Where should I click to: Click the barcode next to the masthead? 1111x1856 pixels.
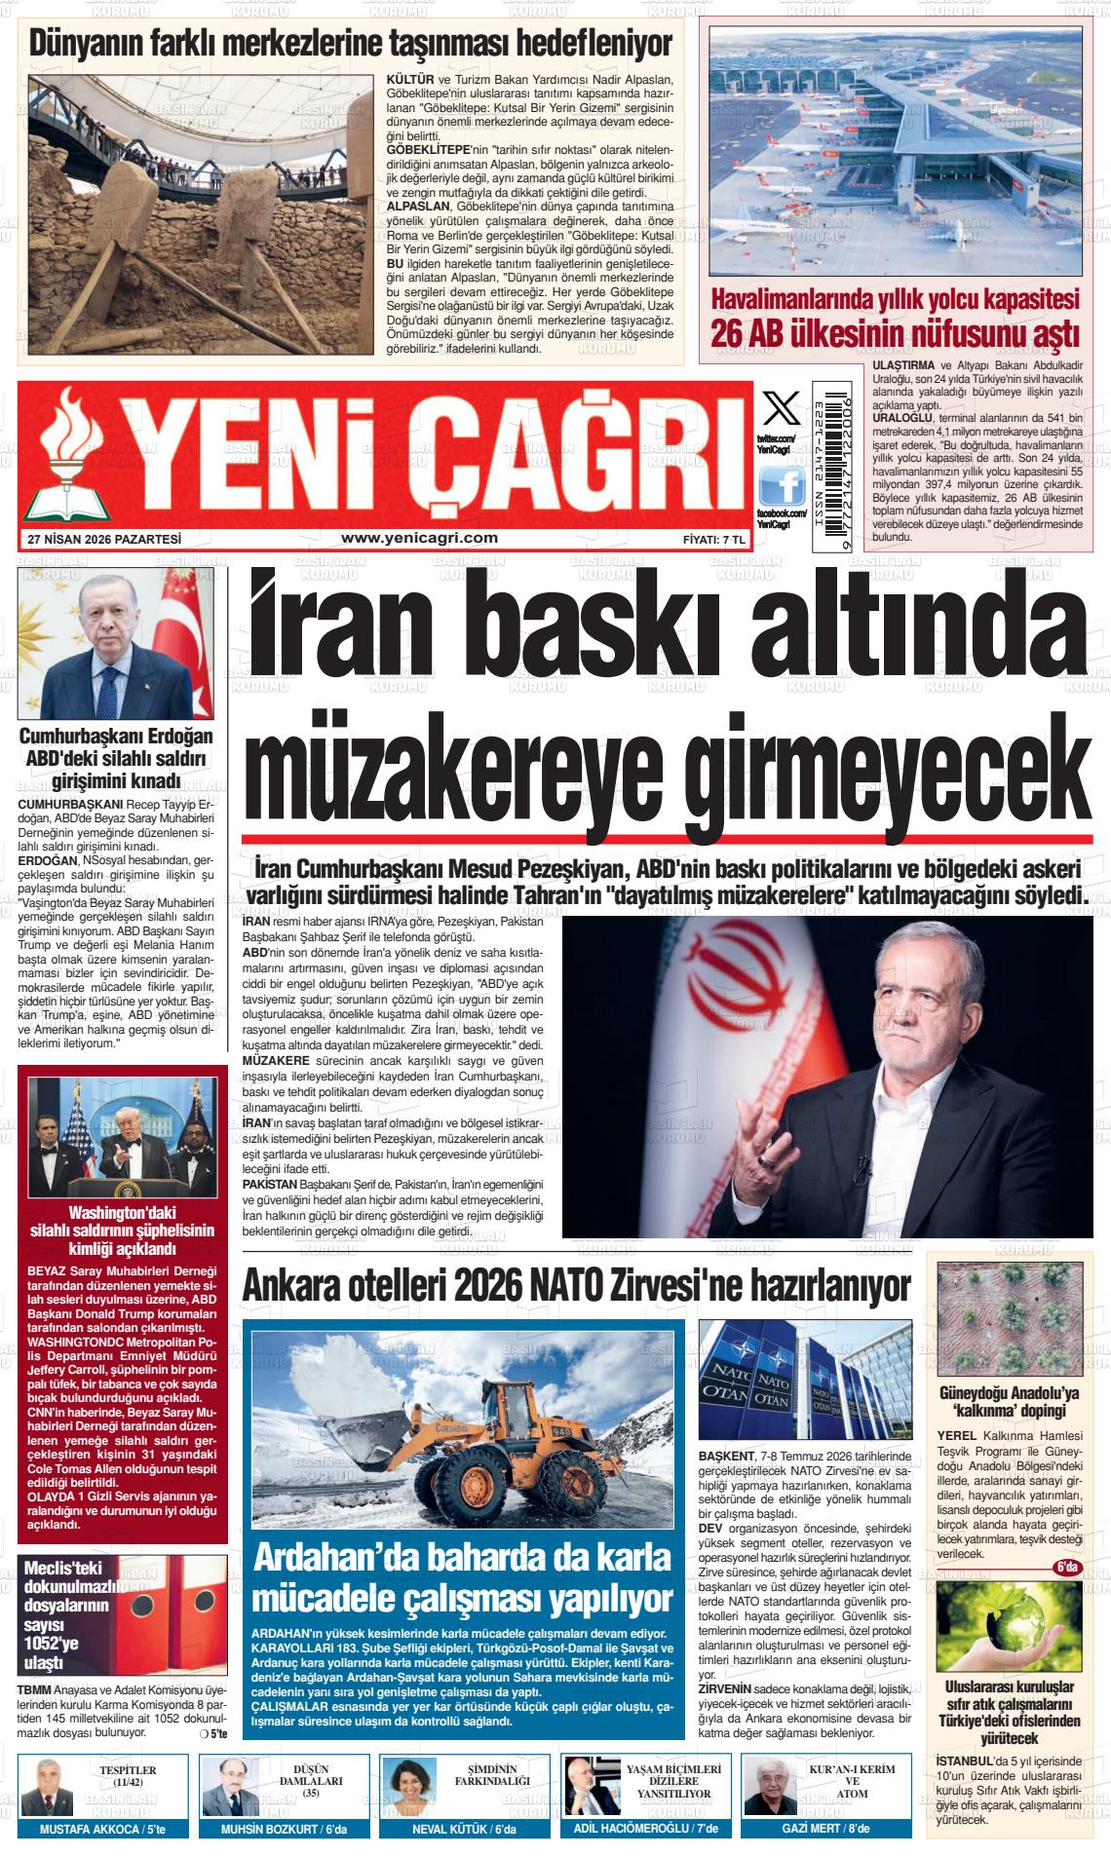(x=831, y=465)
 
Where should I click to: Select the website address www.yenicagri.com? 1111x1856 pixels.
(x=420, y=537)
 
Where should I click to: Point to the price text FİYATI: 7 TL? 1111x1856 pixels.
(x=713, y=539)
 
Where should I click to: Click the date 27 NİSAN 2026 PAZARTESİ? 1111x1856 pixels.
(x=105, y=539)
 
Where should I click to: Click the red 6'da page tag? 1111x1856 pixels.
(x=1066, y=1568)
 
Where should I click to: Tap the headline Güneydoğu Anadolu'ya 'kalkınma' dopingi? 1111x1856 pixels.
(x=1009, y=1401)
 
